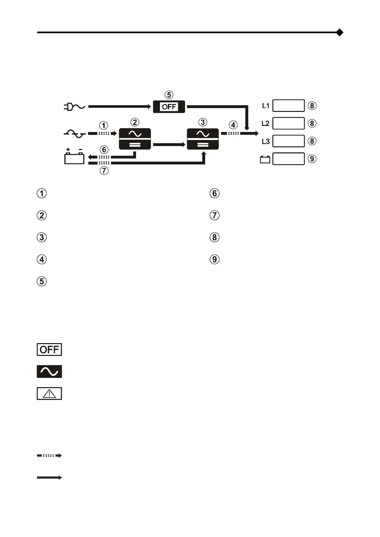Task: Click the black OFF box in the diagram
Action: click(x=169, y=107)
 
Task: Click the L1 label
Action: click(x=266, y=106)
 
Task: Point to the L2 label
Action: click(x=265, y=123)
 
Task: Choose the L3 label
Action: click(x=266, y=141)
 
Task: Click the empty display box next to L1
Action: click(x=288, y=106)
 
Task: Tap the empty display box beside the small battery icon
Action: click(x=288, y=159)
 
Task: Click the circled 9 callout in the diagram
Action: click(x=312, y=159)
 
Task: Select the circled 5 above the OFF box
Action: click(x=169, y=95)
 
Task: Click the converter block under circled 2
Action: click(x=135, y=139)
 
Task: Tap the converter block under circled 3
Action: click(x=203, y=139)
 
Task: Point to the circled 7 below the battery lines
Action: click(x=104, y=171)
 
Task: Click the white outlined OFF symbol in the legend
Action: click(x=49, y=349)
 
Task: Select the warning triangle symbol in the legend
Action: click(x=49, y=394)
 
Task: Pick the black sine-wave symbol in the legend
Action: click(x=49, y=371)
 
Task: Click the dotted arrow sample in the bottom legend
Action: click(x=49, y=456)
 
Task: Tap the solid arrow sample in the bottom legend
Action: click(x=49, y=478)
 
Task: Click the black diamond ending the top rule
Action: click(x=340, y=32)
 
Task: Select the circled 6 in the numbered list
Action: click(x=214, y=193)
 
